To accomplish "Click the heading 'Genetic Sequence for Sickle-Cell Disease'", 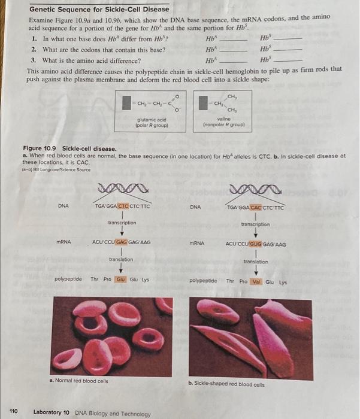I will point(99,10).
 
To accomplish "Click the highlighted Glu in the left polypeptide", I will point(120,278).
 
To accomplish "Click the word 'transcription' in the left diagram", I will point(122,222).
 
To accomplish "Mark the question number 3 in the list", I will point(34,60).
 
